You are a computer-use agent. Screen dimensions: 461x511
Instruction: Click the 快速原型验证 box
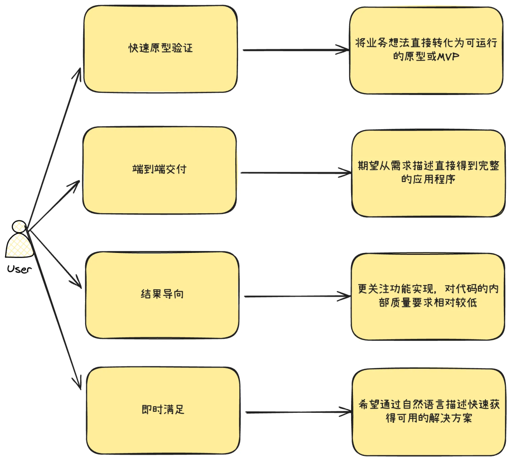[160, 49]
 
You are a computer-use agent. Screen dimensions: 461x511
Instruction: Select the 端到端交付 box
[159, 170]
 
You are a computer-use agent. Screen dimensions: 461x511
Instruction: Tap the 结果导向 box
[162, 294]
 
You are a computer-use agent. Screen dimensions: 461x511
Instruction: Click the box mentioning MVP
[426, 50]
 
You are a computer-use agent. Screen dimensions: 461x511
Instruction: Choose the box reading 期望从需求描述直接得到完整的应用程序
[428, 173]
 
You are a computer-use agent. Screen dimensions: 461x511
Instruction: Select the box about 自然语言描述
[428, 411]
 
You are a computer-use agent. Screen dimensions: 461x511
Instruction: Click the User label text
[19, 270]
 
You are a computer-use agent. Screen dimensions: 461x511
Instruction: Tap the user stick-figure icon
[19, 241]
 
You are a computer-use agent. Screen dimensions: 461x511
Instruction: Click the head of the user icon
[19, 226]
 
